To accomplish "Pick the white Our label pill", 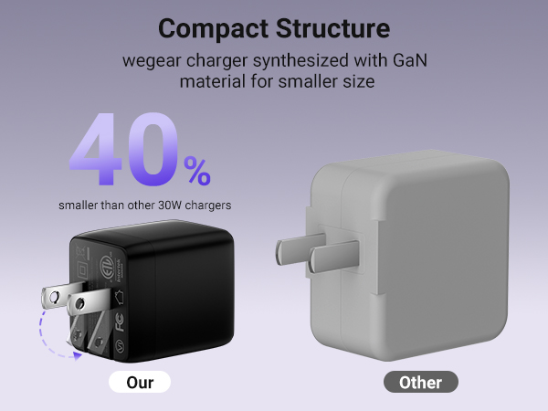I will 140,382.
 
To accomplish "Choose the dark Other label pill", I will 420,382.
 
